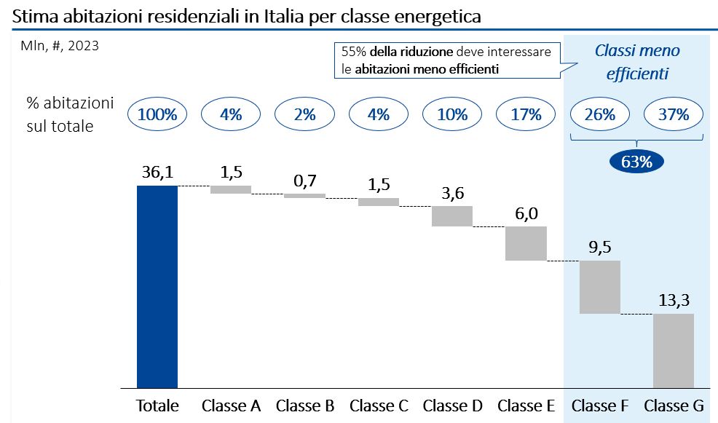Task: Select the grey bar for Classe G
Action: (674, 350)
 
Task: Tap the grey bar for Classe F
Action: (599, 287)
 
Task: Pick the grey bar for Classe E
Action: (526, 243)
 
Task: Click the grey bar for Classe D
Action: (452, 216)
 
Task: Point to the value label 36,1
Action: (157, 173)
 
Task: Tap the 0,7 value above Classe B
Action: (304, 181)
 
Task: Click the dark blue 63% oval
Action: (637, 162)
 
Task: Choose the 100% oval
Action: (157, 114)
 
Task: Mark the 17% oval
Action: (526, 114)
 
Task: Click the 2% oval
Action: (304, 114)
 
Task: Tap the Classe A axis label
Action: (231, 406)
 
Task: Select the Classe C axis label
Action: (379, 406)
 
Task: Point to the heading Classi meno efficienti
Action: (637, 62)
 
